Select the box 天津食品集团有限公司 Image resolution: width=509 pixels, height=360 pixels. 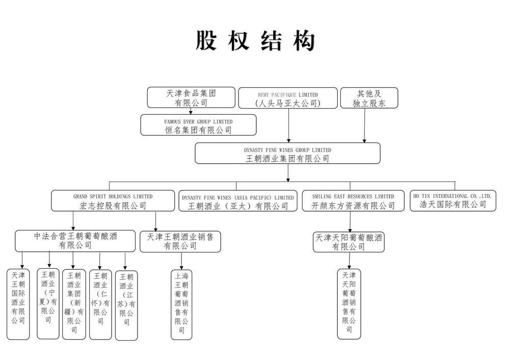191,97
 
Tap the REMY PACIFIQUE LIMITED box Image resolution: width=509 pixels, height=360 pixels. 288,98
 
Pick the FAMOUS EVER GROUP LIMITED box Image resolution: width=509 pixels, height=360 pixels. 198,125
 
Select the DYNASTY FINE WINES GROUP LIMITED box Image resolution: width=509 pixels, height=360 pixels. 287,153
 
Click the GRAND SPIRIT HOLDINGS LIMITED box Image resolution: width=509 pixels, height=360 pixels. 113,201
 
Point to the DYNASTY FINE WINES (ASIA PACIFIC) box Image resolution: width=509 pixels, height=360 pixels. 238,201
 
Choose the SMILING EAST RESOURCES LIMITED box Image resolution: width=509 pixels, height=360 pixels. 354,201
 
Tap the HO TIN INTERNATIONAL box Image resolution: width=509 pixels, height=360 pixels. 452,201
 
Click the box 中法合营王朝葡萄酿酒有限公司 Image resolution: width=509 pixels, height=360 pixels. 75,241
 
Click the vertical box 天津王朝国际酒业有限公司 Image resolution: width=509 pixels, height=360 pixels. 18,303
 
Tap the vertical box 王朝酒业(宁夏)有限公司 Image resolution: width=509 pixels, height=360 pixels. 48,303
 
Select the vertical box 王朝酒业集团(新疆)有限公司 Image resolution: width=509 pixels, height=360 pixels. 74,304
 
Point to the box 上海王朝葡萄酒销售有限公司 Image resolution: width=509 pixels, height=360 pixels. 181,304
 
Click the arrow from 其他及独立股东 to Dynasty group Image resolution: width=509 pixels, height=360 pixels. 364,125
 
